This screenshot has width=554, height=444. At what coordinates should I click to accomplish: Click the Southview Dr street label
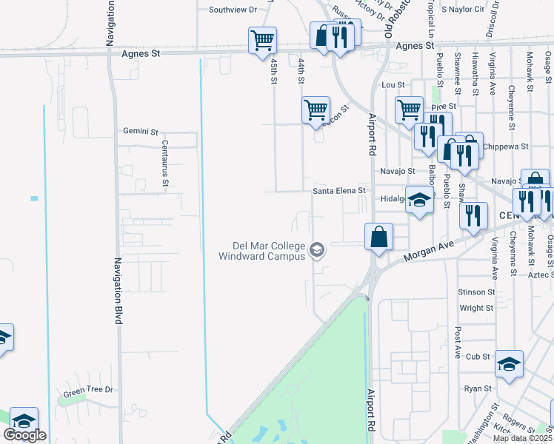[x=232, y=10]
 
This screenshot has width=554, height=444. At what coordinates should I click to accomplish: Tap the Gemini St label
[x=141, y=132]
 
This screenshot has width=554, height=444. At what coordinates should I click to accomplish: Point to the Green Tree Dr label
[x=88, y=390]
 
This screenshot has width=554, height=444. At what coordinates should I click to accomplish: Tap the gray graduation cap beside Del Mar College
[x=317, y=251]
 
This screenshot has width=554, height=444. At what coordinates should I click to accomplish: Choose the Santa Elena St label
[x=339, y=190]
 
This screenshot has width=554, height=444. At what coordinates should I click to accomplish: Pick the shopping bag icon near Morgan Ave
[x=378, y=238]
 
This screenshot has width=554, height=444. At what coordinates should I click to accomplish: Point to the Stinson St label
[x=475, y=292]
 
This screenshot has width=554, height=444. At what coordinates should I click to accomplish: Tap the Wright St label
[x=476, y=308]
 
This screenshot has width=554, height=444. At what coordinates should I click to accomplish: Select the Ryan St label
[x=478, y=388]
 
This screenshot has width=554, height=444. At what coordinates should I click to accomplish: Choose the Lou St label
[x=392, y=85]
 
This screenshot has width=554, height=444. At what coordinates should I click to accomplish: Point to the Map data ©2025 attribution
[x=523, y=438]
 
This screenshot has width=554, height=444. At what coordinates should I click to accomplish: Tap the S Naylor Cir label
[x=462, y=10]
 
